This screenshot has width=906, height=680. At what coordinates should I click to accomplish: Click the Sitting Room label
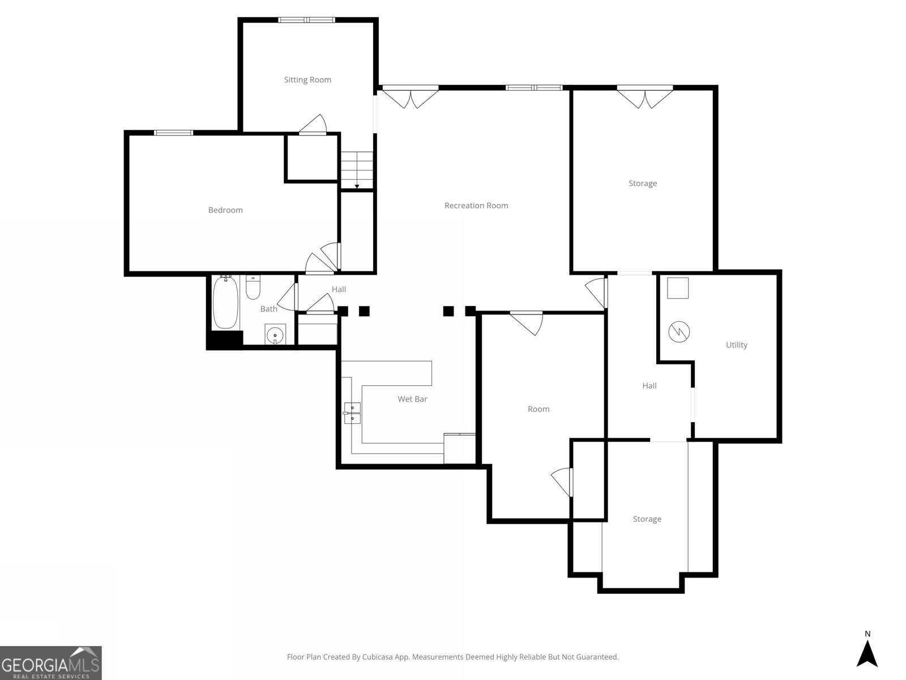pos(307,80)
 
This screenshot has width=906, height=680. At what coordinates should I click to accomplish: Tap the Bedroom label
pos(225,210)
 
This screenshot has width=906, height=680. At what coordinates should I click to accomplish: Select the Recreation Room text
pos(476,205)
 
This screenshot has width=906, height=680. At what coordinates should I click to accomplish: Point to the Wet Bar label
pos(412,399)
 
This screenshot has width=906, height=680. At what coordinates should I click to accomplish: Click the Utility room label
pos(736,345)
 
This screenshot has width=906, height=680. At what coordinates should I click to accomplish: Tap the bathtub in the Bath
pos(225,302)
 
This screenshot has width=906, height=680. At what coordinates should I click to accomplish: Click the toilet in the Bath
pos(253,287)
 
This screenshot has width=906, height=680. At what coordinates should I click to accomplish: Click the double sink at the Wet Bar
pos(352,413)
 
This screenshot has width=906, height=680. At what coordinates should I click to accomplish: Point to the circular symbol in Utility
pos(679,331)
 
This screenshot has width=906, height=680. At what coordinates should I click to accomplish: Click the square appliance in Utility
pos(678,288)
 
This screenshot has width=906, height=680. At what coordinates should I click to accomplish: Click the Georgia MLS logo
pos(51,663)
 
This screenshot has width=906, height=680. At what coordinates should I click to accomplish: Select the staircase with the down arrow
pos(357,170)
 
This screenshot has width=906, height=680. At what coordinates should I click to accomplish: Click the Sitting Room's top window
pos(306,20)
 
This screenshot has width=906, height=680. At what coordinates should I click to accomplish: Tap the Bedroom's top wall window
pos(173,133)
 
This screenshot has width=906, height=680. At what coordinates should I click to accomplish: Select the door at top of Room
pos(526,323)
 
